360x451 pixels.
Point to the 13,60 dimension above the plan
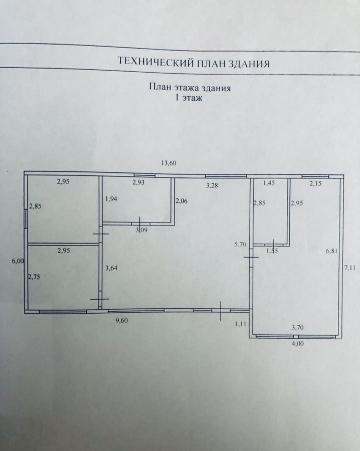click(x=169, y=163)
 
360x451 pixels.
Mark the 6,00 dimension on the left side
click(x=18, y=261)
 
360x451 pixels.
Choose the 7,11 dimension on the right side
click(x=349, y=268)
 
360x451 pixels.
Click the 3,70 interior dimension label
click(x=299, y=328)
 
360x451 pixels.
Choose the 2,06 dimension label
click(x=181, y=201)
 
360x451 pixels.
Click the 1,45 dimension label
click(x=270, y=184)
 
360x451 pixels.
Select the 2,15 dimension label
click(x=315, y=184)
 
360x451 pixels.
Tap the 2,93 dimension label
click(x=139, y=182)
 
